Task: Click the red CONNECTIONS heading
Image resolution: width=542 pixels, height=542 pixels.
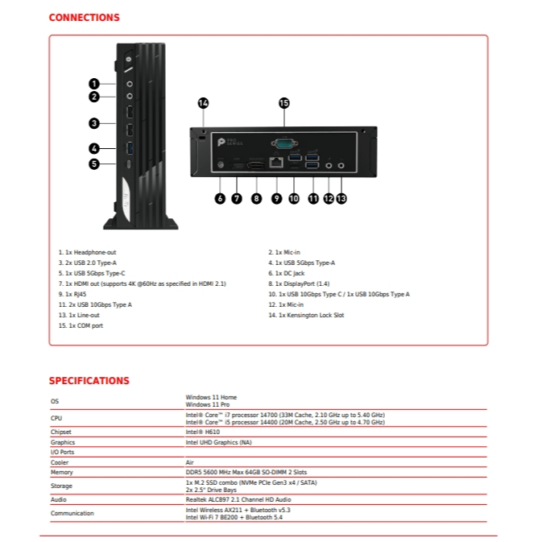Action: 84,18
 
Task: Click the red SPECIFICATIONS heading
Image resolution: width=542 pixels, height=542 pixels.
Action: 89,381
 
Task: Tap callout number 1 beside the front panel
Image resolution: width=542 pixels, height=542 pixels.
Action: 94,83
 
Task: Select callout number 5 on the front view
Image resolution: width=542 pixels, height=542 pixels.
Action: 94,163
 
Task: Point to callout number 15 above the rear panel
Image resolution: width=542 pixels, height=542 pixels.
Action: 283,103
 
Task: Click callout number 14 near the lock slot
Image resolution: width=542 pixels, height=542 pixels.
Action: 203,103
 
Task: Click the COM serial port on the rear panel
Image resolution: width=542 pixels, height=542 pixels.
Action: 283,143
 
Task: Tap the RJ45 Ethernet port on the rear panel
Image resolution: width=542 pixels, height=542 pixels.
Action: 276,163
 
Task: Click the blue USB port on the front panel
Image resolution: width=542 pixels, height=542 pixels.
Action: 129,148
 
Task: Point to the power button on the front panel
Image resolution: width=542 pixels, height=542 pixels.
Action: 129,60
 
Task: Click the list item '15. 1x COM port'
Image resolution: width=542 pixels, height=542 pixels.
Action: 81,326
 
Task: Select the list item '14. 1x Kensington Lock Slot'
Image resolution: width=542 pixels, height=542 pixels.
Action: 306,316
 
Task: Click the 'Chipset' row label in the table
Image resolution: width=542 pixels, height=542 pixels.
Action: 62,432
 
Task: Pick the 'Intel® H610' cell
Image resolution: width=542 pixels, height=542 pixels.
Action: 202,432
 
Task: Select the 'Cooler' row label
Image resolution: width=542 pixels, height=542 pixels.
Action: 60,462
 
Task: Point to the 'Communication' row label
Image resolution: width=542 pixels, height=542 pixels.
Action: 72,513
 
